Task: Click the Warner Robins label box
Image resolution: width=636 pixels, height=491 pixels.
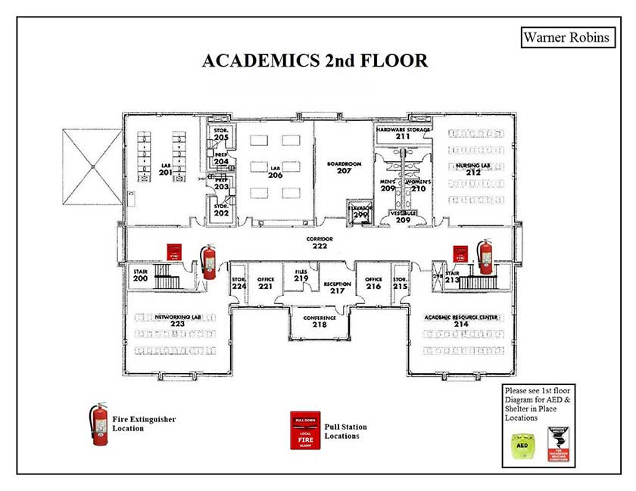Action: click(566, 37)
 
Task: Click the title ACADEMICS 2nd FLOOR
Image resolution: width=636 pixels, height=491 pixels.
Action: click(314, 61)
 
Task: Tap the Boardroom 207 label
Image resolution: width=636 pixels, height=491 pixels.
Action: click(344, 167)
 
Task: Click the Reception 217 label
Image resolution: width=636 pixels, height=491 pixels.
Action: click(337, 287)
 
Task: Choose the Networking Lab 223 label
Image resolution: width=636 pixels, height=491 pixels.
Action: click(177, 321)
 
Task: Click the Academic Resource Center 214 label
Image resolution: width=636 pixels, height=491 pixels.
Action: click(461, 321)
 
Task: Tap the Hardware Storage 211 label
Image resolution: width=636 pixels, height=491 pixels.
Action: click(403, 133)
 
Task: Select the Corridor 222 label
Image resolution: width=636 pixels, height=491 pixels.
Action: click(320, 242)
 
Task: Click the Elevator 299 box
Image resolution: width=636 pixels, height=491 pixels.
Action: click(360, 212)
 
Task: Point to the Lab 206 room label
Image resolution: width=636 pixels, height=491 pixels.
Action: click(275, 171)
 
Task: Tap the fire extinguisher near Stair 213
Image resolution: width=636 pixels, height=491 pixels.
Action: click(485, 257)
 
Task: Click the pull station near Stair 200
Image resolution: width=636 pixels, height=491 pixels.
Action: click(175, 253)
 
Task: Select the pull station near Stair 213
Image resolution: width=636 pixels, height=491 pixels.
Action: click(459, 253)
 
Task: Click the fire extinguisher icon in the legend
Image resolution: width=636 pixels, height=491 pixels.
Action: click(98, 424)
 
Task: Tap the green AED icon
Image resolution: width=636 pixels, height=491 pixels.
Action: click(522, 446)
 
